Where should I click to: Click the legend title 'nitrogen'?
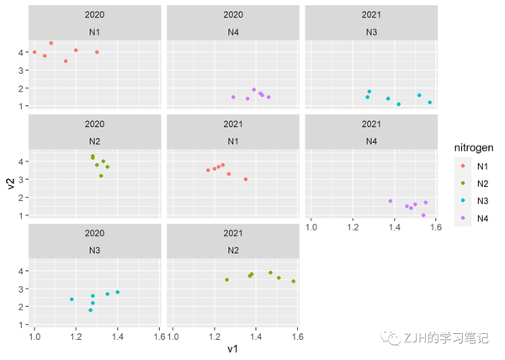click(x=473, y=148)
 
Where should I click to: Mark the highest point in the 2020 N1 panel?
click(x=51, y=43)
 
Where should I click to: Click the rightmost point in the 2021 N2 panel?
click(x=293, y=281)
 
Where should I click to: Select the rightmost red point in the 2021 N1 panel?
click(x=246, y=179)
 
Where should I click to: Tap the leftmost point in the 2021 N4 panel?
click(x=391, y=201)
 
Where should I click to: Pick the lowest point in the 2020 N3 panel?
click(x=91, y=310)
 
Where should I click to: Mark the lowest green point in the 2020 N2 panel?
click(x=101, y=176)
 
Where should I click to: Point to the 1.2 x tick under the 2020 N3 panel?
click(x=76, y=336)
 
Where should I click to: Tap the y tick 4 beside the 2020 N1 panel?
click(x=22, y=52)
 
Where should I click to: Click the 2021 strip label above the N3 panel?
click(x=370, y=15)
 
